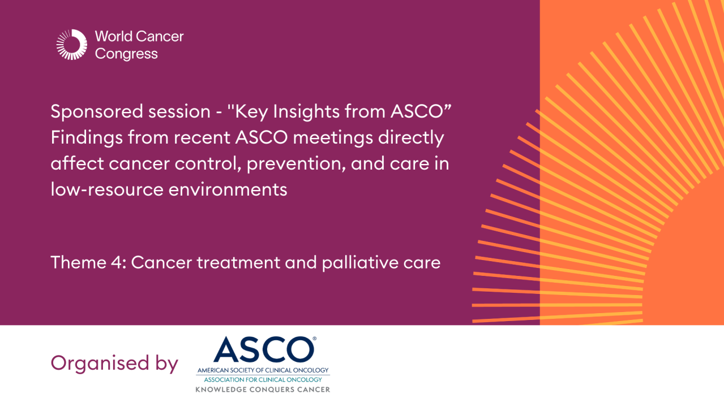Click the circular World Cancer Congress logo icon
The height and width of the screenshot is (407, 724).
72,45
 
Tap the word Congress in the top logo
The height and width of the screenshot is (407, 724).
126,54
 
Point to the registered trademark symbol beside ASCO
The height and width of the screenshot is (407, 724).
314,340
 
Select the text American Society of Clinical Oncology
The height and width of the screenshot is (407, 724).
263,370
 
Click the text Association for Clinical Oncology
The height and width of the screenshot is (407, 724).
263,379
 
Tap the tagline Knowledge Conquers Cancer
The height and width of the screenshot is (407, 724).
263,389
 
